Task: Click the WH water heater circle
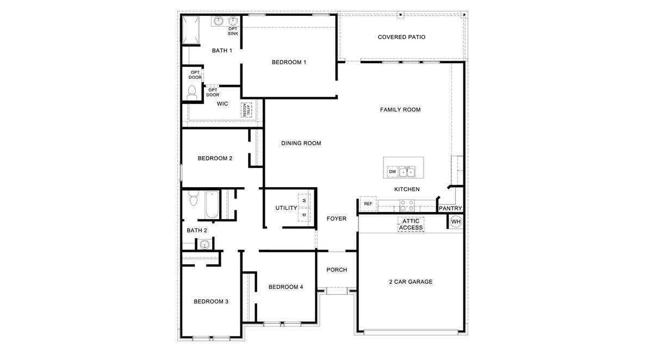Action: (x=455, y=222)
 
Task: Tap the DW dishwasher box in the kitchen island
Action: (x=392, y=172)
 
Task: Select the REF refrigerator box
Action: (x=368, y=204)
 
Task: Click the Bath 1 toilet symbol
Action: (x=192, y=94)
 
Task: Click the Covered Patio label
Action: (x=401, y=37)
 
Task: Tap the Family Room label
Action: (x=400, y=110)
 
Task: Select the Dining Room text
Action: (x=301, y=144)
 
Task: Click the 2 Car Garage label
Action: (x=411, y=282)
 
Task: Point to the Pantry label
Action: (x=450, y=208)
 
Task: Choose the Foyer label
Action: (x=336, y=219)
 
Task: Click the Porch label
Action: (x=336, y=270)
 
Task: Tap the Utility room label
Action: (x=286, y=208)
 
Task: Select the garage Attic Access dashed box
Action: (x=410, y=224)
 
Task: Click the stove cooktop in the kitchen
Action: (x=407, y=205)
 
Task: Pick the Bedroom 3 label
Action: (x=211, y=301)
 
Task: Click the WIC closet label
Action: (x=222, y=103)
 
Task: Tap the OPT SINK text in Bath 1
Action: (x=233, y=31)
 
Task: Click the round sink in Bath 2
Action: (x=204, y=244)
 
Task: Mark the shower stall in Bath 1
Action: (x=191, y=32)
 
